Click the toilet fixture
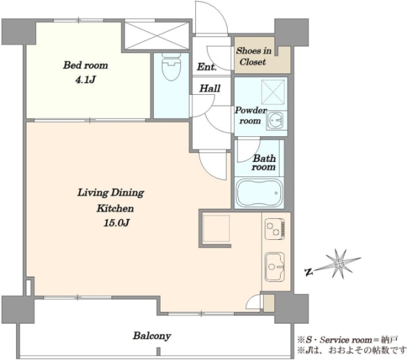(172, 66)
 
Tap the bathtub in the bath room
(259, 193)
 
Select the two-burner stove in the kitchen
(275, 228)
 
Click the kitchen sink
(275, 267)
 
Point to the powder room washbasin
(276, 121)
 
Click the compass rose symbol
(338, 264)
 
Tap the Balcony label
(152, 336)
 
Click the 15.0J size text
(117, 223)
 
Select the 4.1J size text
(85, 79)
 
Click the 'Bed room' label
(85, 65)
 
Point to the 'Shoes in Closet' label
(253, 56)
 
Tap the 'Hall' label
(210, 88)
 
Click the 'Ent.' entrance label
(207, 67)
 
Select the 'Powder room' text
(250, 115)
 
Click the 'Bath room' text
(264, 162)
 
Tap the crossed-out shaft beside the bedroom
(157, 35)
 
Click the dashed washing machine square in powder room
(273, 92)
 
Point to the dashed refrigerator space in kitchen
(216, 228)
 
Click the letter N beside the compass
(309, 272)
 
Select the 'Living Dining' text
(111, 193)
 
